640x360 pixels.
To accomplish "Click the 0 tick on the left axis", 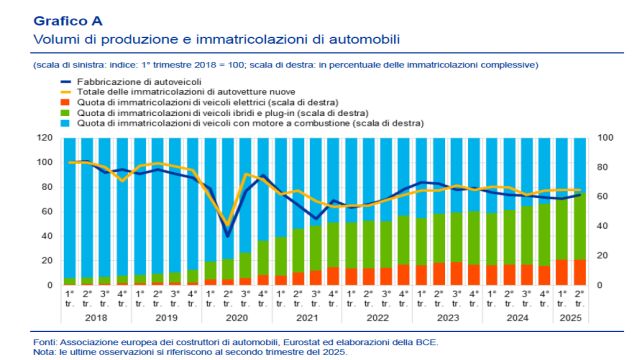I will tap(49, 286).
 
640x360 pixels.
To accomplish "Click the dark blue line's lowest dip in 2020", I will tap(229, 235).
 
